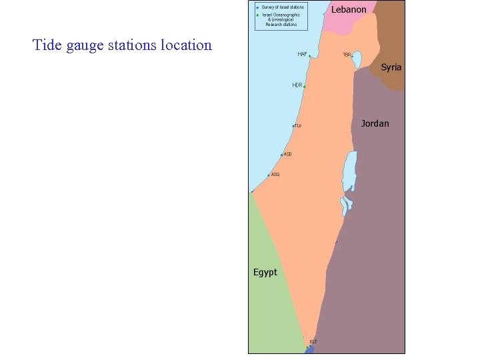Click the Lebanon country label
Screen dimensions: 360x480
coord(349,10)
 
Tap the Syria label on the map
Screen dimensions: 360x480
coord(391,67)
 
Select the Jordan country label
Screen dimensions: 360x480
coord(375,123)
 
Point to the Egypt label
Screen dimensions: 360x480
coord(265,272)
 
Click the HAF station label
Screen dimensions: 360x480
coord(302,54)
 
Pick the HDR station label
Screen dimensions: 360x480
coord(297,85)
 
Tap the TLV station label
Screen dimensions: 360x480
coord(299,125)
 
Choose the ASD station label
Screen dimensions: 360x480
coord(288,154)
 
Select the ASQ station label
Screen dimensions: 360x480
coord(275,175)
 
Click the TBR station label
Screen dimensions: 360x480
coord(347,55)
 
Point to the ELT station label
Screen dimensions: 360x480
coord(313,342)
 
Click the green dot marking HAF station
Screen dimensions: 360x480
coord(309,56)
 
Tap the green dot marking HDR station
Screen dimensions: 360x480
coord(305,87)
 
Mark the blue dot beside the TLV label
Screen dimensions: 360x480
coord(293,125)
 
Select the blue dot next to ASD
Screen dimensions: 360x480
coord(282,155)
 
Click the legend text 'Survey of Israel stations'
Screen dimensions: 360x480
coord(283,7)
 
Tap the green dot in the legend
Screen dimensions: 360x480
coord(257,15)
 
